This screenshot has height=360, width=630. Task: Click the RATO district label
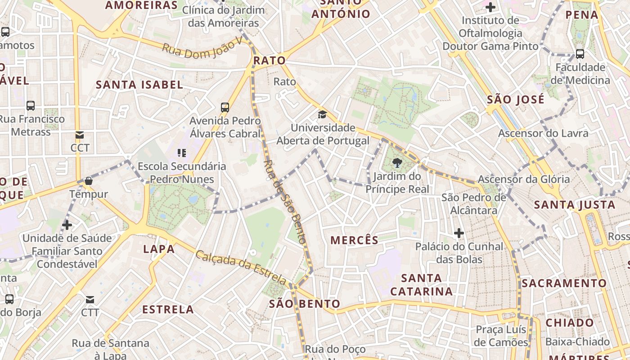(x=270, y=60)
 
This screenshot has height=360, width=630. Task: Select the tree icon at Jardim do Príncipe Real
(x=397, y=163)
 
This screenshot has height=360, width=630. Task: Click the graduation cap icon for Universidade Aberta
(x=322, y=114)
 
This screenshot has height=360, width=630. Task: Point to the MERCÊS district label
(x=355, y=240)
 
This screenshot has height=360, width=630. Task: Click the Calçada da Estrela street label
(x=241, y=267)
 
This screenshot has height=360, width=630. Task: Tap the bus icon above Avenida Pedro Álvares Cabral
(x=225, y=108)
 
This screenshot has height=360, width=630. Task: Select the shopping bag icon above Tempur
(x=89, y=181)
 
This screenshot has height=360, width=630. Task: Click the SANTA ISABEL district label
(x=139, y=85)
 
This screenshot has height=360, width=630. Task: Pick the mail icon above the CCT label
(x=80, y=135)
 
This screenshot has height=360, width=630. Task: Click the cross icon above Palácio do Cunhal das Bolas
(x=459, y=233)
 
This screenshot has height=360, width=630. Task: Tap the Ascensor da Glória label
(x=524, y=179)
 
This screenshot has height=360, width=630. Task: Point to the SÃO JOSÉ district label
(x=516, y=99)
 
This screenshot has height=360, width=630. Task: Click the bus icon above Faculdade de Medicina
(x=580, y=54)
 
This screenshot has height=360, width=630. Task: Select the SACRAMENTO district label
(x=564, y=283)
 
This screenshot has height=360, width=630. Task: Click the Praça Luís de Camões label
(x=502, y=336)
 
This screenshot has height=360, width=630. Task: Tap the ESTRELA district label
(x=168, y=310)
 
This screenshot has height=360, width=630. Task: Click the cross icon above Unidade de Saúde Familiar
(x=67, y=225)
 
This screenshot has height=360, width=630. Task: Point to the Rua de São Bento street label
(x=284, y=202)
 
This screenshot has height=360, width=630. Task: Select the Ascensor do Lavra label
(x=543, y=133)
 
